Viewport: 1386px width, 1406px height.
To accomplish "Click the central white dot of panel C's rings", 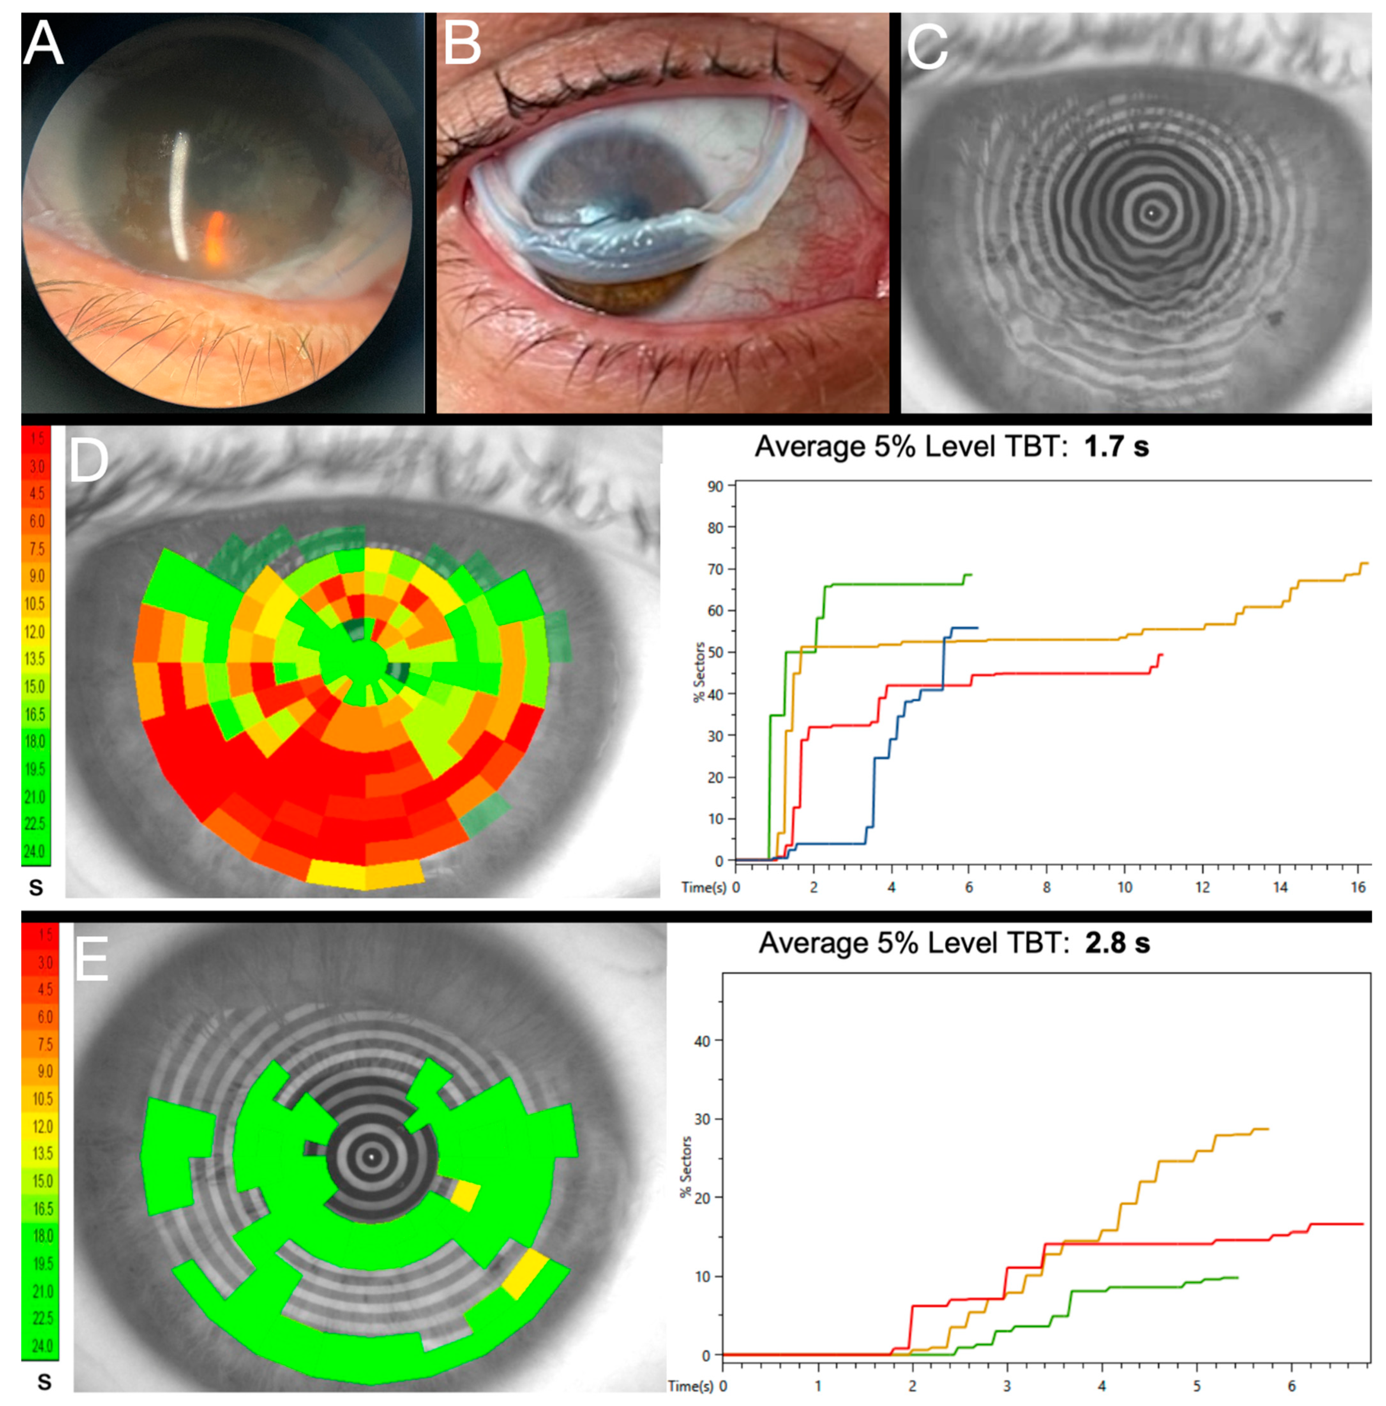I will [1151, 213].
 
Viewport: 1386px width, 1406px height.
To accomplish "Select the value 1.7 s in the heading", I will [1116, 446].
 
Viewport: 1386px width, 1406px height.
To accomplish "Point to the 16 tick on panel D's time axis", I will [1358, 887].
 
